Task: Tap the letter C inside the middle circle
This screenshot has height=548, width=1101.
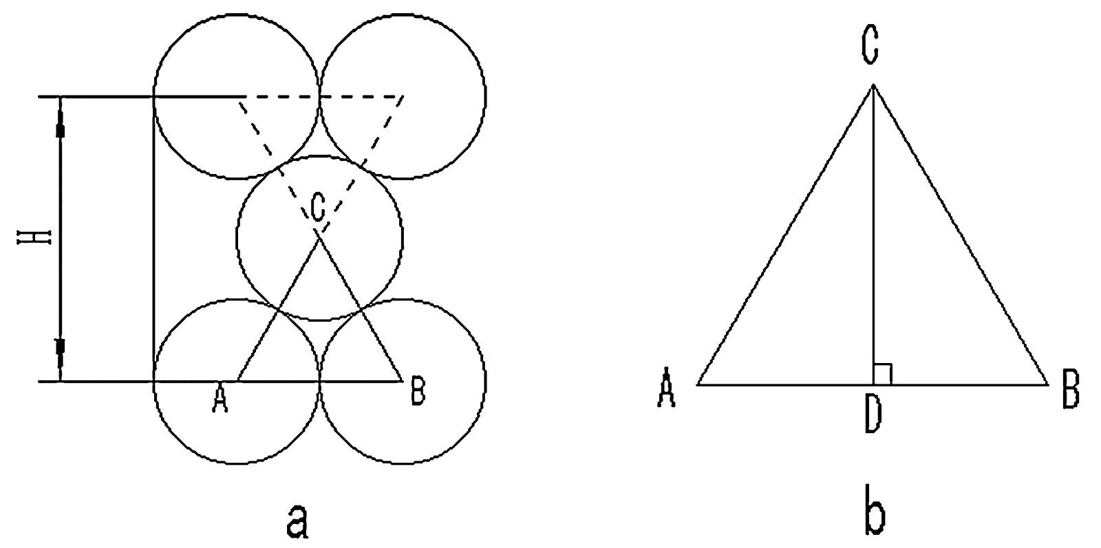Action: (317, 208)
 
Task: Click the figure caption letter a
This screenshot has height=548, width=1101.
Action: (296, 521)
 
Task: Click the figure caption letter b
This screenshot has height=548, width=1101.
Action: (874, 519)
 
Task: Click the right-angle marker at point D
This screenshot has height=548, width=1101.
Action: (883, 374)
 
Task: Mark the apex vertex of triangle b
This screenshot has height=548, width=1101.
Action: (873, 85)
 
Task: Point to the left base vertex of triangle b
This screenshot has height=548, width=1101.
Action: (698, 384)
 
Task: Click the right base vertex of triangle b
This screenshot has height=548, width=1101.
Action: (1047, 384)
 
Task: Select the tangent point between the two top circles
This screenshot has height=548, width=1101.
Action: (319, 96)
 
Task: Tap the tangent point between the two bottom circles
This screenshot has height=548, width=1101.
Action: (319, 380)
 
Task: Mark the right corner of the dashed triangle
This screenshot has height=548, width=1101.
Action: (403, 96)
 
